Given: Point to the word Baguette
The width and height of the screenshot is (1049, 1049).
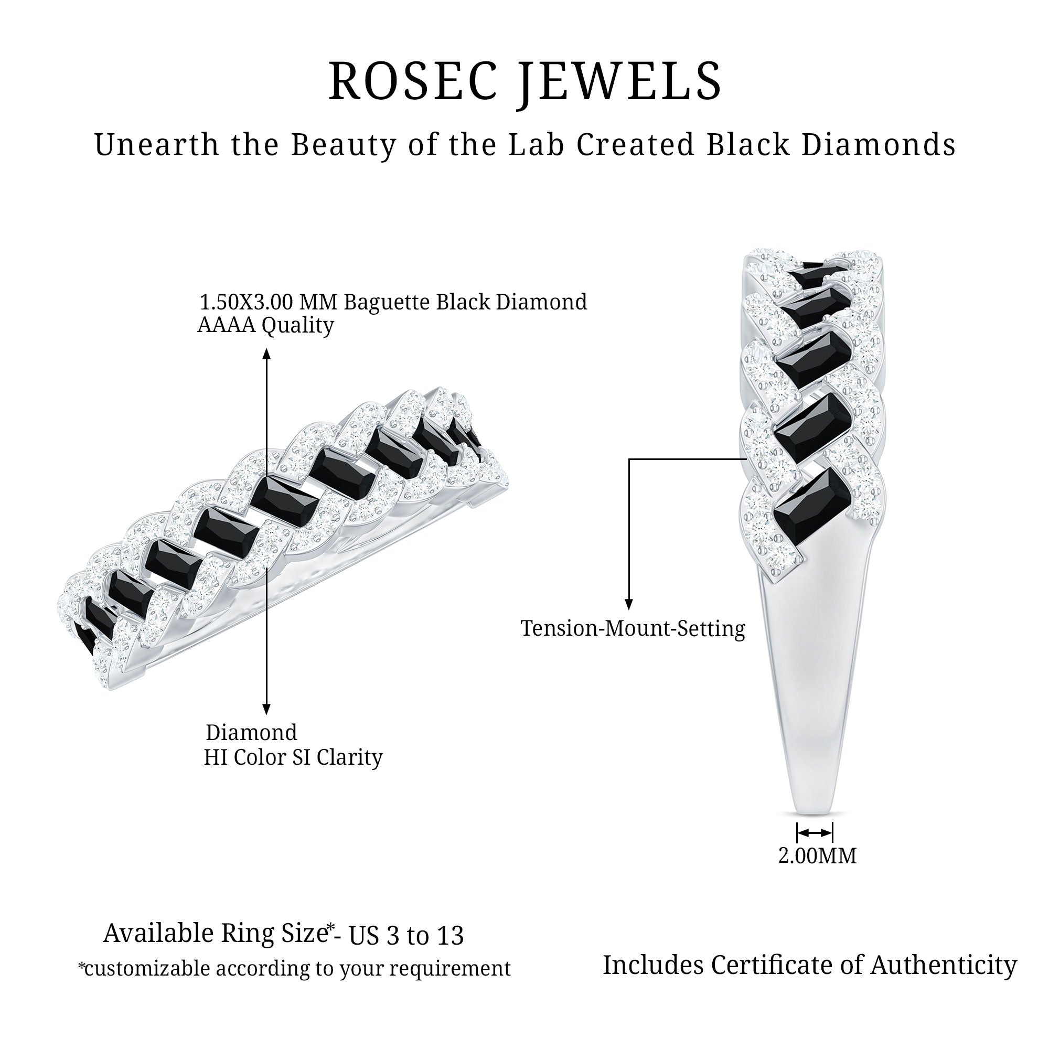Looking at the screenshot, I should click(386, 302).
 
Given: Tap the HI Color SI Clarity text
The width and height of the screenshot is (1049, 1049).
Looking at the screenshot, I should click(293, 757).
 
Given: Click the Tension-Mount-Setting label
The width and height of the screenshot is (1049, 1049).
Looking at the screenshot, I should click(633, 628).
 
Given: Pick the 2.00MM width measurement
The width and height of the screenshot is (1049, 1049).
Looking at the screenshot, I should click(817, 857).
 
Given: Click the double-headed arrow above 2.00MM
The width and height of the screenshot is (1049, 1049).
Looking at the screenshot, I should click(815, 833).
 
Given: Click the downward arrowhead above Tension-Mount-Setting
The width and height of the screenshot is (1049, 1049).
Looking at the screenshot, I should click(629, 604).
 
